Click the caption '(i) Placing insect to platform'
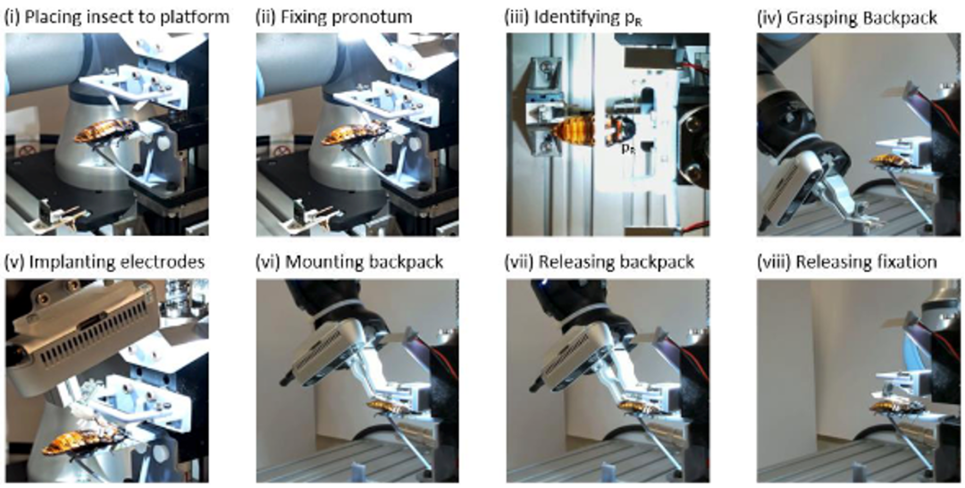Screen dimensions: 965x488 point(117,17)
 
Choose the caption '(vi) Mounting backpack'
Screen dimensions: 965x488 point(349,262)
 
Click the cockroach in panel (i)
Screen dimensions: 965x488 point(105,131)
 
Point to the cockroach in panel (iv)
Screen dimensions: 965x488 point(893,161)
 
